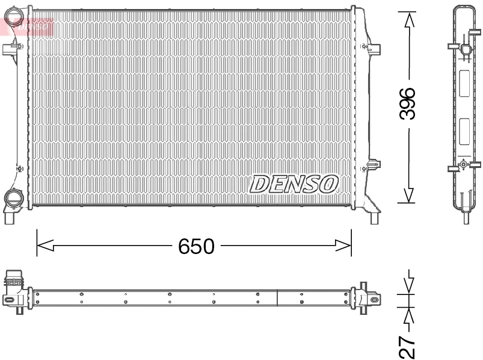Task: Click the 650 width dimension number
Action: click(x=196, y=246)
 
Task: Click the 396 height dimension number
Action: click(x=409, y=104)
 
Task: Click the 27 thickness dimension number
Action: click(x=409, y=346)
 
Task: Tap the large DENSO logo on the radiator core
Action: click(x=294, y=184)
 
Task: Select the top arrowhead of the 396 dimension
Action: click(x=409, y=19)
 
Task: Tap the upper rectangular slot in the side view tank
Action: click(x=464, y=84)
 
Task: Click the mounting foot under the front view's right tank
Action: click(x=375, y=217)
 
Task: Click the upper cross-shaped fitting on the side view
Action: click(x=464, y=48)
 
